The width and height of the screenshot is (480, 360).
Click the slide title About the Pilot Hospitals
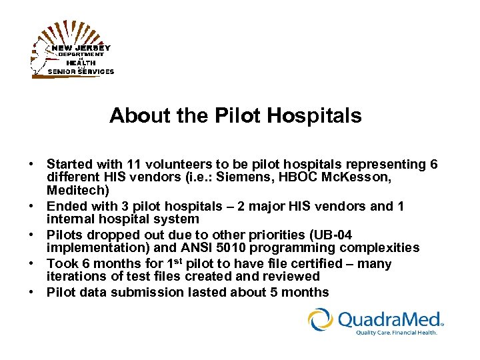pos(235,116)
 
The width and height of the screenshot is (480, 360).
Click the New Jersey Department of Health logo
pos(72,50)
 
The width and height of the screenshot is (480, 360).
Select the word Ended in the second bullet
pos(65,207)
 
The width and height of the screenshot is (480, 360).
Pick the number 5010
pos(267,249)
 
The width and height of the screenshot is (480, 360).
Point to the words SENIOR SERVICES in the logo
pos(81,71)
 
